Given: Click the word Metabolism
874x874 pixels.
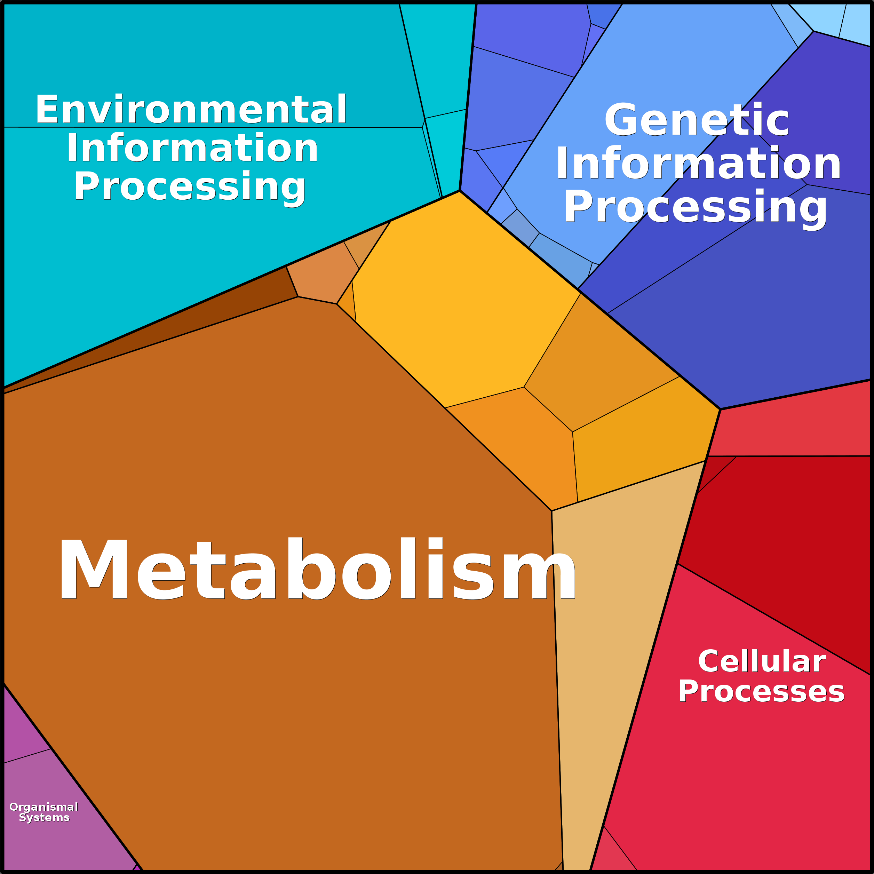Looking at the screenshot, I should pos(317,569).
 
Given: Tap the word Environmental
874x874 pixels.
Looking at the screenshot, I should pos(191,110).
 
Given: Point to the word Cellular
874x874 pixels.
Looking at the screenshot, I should pos(762,661).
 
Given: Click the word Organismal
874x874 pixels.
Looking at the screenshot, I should pos(44,807).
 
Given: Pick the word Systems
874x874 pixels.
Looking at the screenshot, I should pos(44,817).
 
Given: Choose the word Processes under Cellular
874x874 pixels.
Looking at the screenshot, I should pos(761,692).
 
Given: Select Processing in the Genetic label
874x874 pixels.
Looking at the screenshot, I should pos(695,207).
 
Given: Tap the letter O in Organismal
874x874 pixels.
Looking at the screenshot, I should pos(14,807).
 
